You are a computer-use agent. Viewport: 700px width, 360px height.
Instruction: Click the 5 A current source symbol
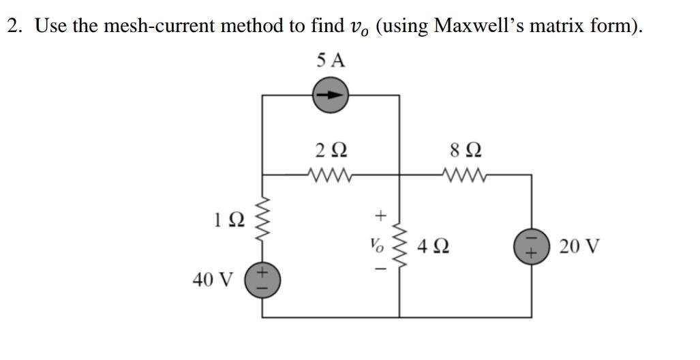(x=331, y=95)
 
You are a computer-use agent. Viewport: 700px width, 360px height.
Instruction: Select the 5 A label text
(x=331, y=61)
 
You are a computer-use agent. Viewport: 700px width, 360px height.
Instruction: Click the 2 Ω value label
(x=331, y=149)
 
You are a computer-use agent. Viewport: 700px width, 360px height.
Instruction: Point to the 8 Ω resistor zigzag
(x=463, y=175)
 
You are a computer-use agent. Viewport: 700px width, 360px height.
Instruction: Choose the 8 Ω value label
(x=463, y=149)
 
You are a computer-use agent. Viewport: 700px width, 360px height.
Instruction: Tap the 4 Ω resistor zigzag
(x=399, y=246)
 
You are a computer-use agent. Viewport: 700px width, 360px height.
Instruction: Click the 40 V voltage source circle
(x=263, y=280)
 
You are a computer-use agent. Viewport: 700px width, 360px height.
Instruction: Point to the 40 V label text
(x=213, y=280)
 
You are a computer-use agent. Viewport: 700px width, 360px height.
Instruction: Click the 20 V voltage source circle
(x=531, y=246)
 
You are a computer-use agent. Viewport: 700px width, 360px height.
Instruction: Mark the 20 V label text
(x=579, y=245)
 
